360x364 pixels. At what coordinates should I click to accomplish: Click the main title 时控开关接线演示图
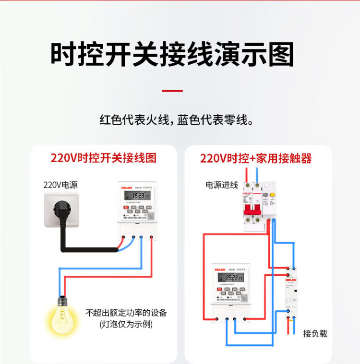pyautogui.click(x=172, y=55)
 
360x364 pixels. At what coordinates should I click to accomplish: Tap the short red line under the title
pyautogui.click(x=172, y=91)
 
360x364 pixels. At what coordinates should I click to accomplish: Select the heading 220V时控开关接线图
pyautogui.click(x=104, y=158)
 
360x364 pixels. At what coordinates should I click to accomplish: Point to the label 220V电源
pyautogui.click(x=60, y=184)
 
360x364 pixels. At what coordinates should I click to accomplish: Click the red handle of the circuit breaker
pyautogui.click(x=253, y=210)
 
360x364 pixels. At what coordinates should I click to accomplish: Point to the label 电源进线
pyautogui.click(x=222, y=185)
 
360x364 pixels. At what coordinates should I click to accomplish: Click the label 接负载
pyautogui.click(x=315, y=333)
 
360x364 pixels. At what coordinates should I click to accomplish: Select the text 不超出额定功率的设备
pyautogui.click(x=126, y=313)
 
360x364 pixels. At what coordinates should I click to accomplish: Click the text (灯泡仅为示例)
pyautogui.click(x=126, y=324)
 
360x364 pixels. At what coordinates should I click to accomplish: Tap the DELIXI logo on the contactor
pyautogui.click(x=291, y=279)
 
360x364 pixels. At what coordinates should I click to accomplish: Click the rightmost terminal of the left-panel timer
pyautogui.click(x=152, y=236)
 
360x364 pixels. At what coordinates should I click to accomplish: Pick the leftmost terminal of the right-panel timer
pyautogui.click(x=217, y=319)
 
